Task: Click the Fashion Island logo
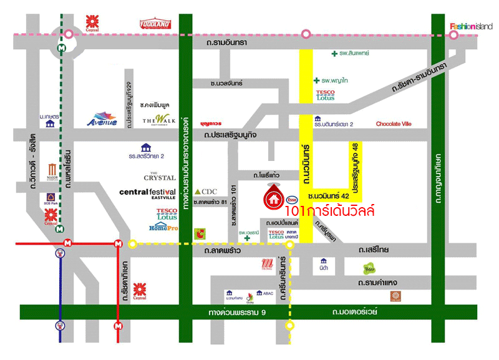pos(471,26)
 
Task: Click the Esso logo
pos(291,200)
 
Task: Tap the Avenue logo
pos(102,119)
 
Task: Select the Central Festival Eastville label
pos(148,193)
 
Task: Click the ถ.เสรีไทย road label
pos(374,250)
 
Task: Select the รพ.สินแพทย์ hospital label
pos(347,54)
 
